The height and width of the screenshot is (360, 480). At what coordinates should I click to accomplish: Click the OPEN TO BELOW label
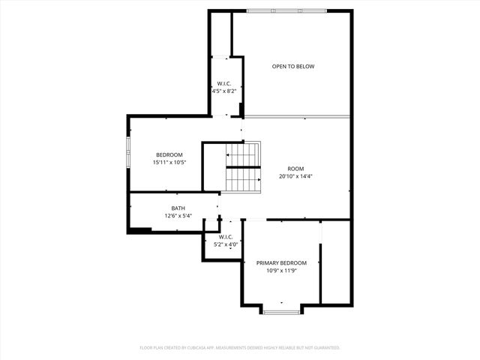(292, 67)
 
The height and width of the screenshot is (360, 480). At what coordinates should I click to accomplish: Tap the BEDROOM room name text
(169, 154)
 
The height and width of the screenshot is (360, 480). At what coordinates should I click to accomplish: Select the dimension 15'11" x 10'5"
(169, 162)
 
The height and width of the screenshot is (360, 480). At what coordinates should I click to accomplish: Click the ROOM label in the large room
(296, 169)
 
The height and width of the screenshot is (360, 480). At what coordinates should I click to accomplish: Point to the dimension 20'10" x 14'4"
(296, 176)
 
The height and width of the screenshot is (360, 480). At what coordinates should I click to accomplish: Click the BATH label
(178, 208)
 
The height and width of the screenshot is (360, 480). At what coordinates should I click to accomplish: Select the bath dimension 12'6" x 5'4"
(178, 216)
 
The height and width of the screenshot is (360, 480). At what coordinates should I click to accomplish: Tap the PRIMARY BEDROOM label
(281, 262)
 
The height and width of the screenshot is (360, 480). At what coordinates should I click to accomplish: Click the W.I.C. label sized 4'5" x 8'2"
(224, 83)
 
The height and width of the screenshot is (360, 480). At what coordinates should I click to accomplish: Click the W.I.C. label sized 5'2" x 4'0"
(226, 236)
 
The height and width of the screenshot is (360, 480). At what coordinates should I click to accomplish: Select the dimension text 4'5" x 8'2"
(224, 91)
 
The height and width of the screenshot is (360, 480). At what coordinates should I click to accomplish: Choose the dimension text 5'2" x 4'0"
(226, 244)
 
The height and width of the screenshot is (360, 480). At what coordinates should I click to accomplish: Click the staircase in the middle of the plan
(241, 166)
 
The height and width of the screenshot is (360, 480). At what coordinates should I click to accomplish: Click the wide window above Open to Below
(287, 10)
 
